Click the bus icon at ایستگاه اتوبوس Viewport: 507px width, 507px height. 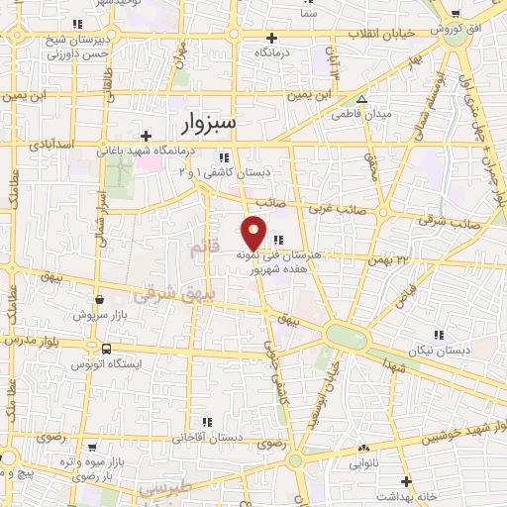tap(106, 349)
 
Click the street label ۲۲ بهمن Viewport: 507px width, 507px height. tap(390, 258)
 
